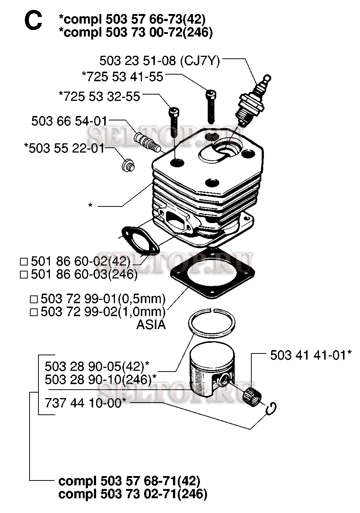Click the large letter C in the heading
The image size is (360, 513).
coord(33,21)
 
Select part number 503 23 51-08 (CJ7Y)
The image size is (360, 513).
coord(160,61)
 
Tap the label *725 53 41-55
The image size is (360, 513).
coord(122,76)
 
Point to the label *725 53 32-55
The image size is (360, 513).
coord(99,96)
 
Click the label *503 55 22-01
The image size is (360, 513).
coord(64,148)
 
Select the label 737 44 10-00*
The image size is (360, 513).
coord(86,403)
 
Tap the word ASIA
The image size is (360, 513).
coord(151,325)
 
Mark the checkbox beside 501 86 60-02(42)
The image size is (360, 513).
coord(24,262)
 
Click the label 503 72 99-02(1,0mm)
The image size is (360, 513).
coord(103,312)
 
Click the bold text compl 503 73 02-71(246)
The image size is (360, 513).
coord(133,494)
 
